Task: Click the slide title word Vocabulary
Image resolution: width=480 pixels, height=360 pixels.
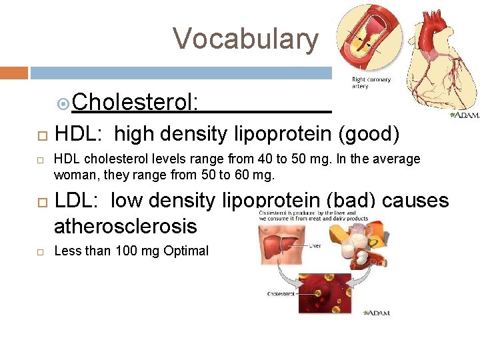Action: pos(246,39)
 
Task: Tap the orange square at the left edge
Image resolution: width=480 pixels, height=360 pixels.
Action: pos(14,72)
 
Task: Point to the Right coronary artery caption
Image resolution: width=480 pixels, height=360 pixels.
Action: pos(371,83)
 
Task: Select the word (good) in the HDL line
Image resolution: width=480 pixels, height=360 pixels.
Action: pos(369,135)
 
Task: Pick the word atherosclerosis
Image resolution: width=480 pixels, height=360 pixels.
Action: pos(125,227)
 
